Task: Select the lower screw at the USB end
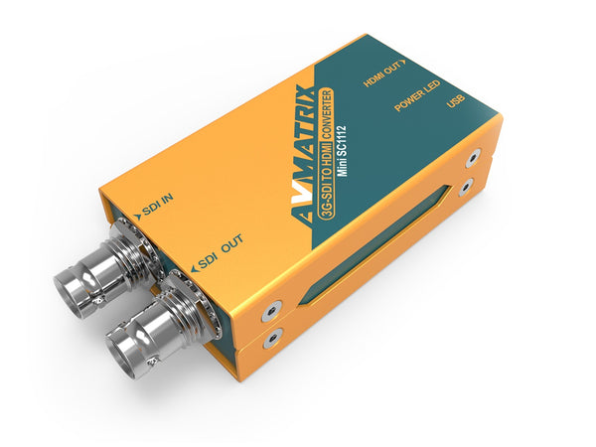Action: point(464,188)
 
